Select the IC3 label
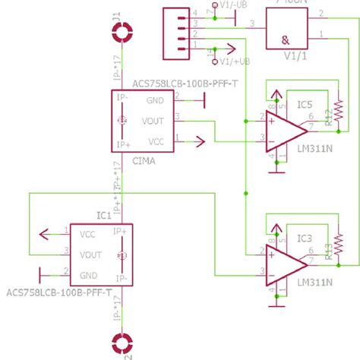(305, 238)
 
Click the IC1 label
(103, 216)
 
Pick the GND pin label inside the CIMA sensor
(155, 100)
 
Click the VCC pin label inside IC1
(88, 235)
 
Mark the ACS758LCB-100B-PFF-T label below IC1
(58, 292)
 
